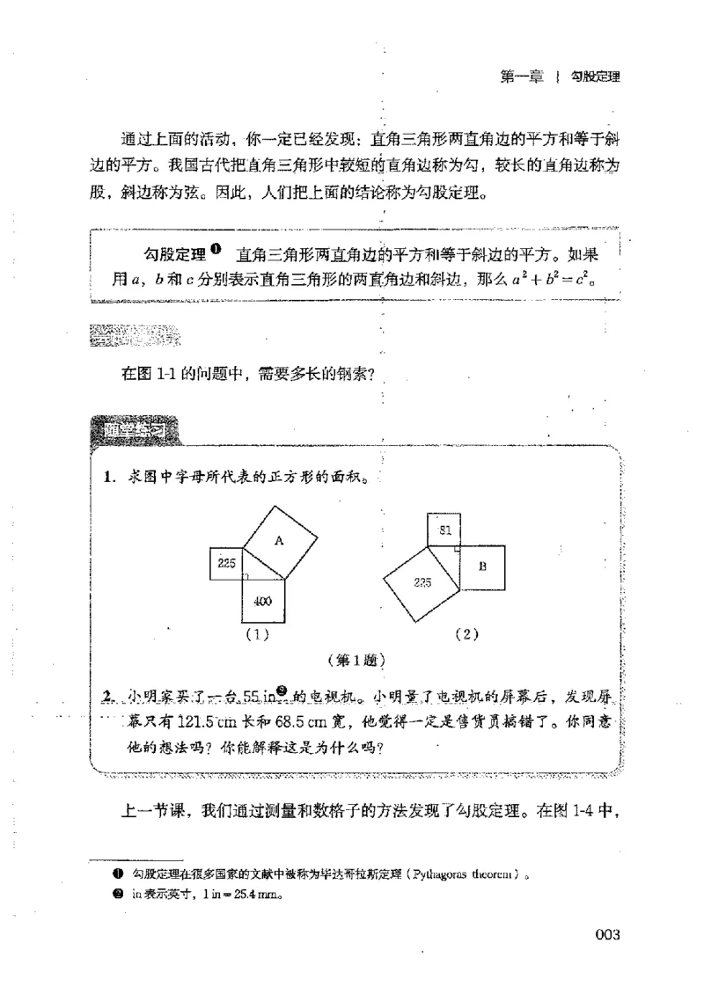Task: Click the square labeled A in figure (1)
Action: pyautogui.click(x=278, y=543)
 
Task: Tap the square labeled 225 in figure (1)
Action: pyautogui.click(x=227, y=563)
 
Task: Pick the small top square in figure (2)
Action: pyautogui.click(x=444, y=528)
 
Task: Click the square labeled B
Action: pyautogui.click(x=482, y=567)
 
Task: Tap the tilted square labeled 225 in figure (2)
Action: pyautogui.click(x=421, y=581)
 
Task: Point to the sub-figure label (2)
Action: pyautogui.click(x=466, y=635)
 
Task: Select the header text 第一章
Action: pyautogui.click(x=519, y=77)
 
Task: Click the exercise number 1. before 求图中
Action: pyautogui.click(x=109, y=478)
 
